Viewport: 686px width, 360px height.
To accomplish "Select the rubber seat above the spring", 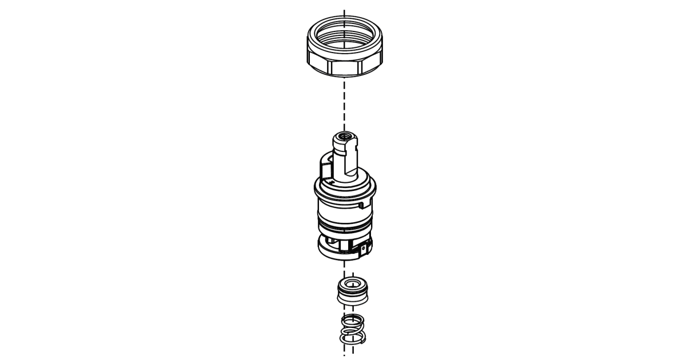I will pos(350,291).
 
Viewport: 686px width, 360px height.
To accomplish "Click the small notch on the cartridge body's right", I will pos(360,203).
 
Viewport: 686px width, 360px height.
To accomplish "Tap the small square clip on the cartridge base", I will pos(364,249).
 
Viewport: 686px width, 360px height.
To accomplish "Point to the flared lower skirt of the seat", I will pos(350,299).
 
